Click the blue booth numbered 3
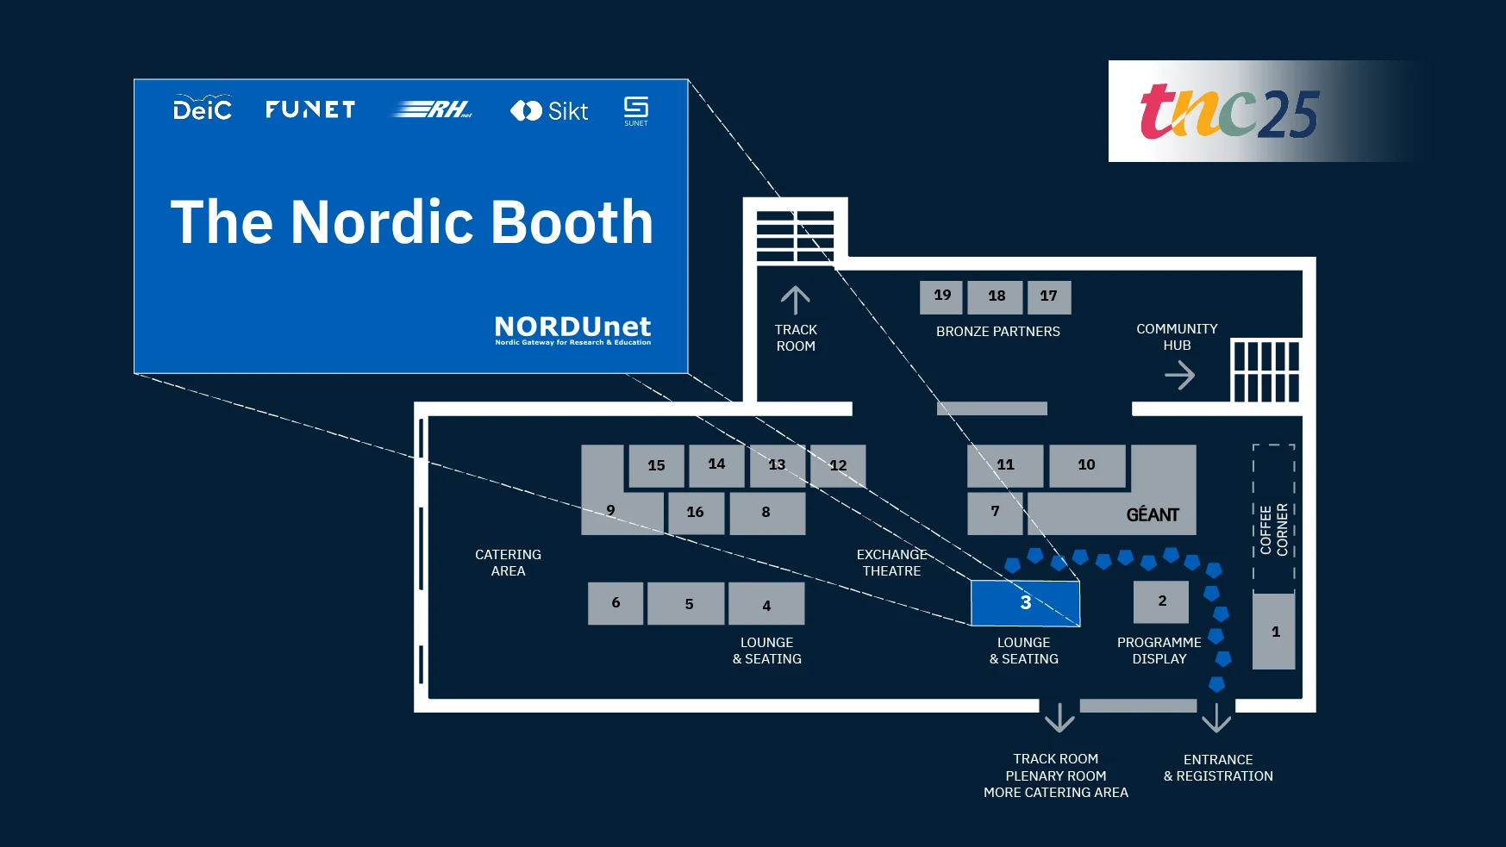[1025, 603]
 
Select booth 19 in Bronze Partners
[941, 296]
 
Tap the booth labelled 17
[1048, 296]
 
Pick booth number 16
[696, 513]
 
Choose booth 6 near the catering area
[616, 603]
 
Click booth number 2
[1161, 601]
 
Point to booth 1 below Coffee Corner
[1274, 632]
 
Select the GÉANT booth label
[1152, 515]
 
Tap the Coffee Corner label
[1273, 528]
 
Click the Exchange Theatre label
[891, 563]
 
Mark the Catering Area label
[508, 563]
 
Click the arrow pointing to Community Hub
[1179, 375]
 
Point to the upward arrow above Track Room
[795, 301]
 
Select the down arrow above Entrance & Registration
[1216, 717]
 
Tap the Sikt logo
[549, 111]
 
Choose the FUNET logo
[310, 109]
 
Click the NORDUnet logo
[572, 329]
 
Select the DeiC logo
[203, 109]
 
